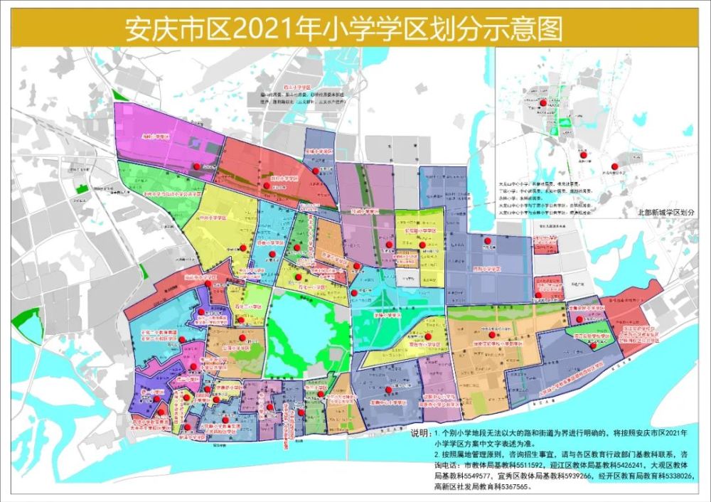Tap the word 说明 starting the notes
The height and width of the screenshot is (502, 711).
422,432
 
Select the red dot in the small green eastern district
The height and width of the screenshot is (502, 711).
594,344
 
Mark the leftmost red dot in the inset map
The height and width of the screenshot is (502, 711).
543,103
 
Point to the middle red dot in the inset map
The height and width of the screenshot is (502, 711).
582,154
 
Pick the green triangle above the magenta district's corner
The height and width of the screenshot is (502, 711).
120,95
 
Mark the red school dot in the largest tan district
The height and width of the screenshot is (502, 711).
491,334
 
